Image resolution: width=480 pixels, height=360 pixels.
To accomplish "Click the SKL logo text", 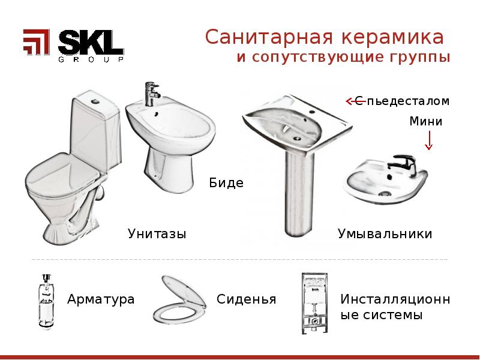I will [x=91, y=43].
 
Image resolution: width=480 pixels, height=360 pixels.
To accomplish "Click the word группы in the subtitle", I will [x=419, y=59].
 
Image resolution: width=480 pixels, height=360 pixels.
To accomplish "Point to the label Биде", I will [x=226, y=183].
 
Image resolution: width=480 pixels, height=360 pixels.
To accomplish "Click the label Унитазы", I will [x=157, y=233].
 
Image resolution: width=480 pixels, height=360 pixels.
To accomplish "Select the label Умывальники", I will [x=385, y=233].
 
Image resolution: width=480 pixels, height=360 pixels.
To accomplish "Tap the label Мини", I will [x=426, y=122].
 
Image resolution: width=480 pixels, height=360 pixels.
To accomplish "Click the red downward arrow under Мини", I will [x=429, y=142].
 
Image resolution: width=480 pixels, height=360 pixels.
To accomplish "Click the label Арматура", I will [x=101, y=299].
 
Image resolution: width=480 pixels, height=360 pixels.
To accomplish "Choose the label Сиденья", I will [x=247, y=299].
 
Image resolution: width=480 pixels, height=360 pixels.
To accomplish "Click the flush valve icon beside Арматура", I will [x=45, y=301].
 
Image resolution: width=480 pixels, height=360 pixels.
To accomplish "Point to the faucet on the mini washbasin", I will [x=400, y=163].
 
